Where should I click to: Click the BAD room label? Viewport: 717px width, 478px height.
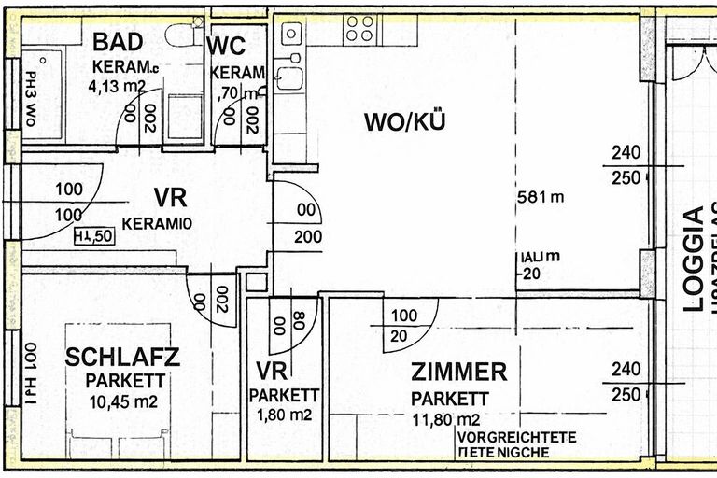118,43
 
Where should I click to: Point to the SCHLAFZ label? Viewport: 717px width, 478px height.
122,357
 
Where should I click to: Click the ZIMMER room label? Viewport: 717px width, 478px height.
459,373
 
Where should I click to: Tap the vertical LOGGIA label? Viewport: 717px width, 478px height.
693,259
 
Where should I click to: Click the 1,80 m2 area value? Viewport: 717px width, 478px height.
285,415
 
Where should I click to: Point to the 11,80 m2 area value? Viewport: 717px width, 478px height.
446,419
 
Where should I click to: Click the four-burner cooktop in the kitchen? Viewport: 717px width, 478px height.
359,29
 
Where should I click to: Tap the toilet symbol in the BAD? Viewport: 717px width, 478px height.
178,35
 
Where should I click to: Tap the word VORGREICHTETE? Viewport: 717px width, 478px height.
515,437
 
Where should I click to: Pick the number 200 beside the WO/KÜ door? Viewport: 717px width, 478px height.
307,236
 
